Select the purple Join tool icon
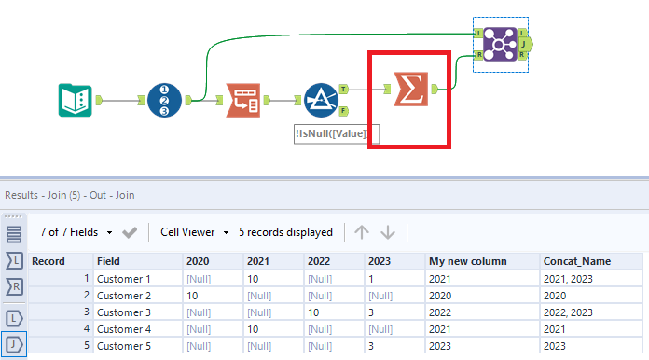[x=501, y=44]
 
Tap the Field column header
[x=109, y=261]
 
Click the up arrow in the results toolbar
[x=362, y=232]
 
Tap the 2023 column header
[x=380, y=261]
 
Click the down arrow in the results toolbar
[x=389, y=232]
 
